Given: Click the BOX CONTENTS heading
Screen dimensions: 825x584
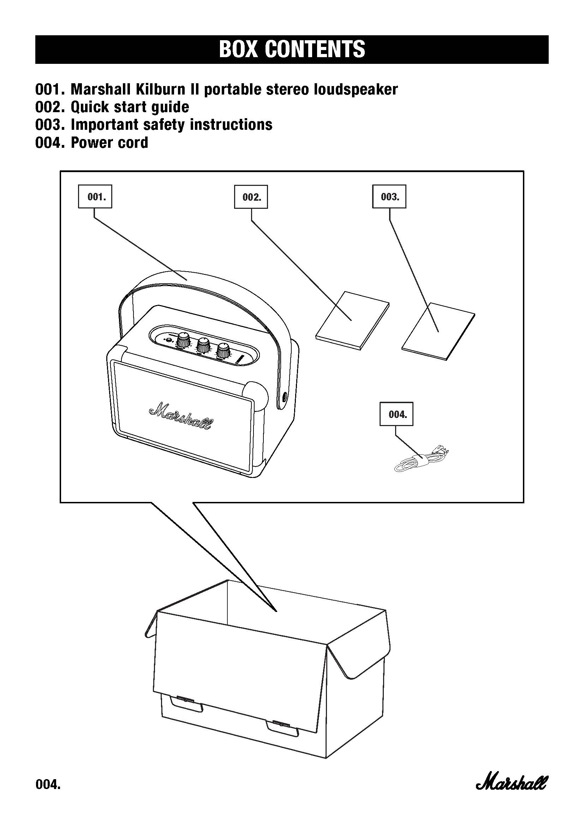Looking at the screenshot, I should [x=292, y=49].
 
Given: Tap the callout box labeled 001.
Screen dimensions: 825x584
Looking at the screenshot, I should [x=95, y=196].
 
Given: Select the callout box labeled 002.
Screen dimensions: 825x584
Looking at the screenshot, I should [x=251, y=197].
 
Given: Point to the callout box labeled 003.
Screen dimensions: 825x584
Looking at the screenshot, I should [x=389, y=196].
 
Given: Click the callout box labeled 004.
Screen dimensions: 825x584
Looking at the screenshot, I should [x=396, y=414].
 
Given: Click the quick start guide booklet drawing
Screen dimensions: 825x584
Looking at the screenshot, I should [x=352, y=320].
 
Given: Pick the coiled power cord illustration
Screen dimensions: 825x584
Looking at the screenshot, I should [x=421, y=460].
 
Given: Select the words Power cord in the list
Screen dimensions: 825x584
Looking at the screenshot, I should [x=109, y=142].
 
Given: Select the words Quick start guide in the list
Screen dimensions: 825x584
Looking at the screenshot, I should [x=130, y=107].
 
